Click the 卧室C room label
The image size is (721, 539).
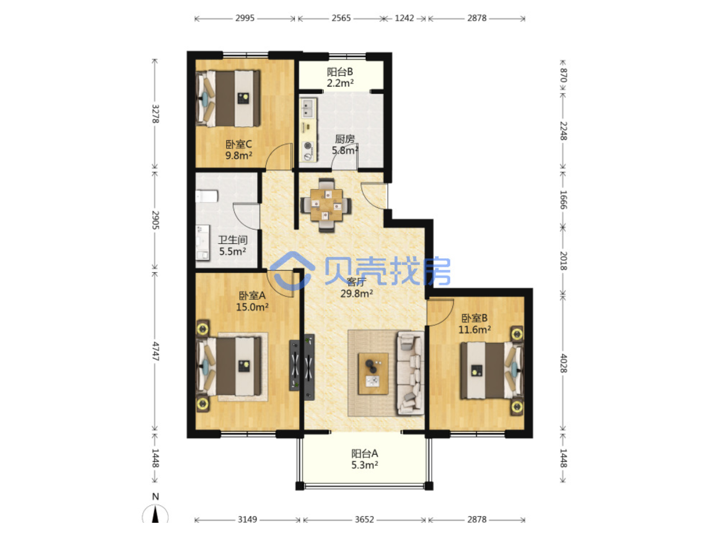(239, 144)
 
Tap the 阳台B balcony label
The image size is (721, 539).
(339, 72)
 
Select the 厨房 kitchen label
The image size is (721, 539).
(344, 139)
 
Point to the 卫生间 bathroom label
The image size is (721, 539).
(233, 240)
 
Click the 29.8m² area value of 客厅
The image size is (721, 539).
(356, 293)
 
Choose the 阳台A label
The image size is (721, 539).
(365, 454)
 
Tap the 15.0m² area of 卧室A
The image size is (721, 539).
(252, 307)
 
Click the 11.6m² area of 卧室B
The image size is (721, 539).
(474, 329)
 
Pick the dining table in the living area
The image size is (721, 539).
(326, 205)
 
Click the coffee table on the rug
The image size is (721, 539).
(373, 374)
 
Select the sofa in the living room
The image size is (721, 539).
(410, 373)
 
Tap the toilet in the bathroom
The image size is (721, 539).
(207, 196)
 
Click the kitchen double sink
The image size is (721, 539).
(308, 108)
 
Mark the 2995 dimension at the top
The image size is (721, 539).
(245, 18)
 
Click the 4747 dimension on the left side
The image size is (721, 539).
(156, 351)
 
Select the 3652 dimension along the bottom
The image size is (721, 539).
(364, 519)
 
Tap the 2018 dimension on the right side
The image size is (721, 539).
(563, 261)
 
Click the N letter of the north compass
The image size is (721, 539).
(156, 496)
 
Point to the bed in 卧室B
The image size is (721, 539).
(491, 371)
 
